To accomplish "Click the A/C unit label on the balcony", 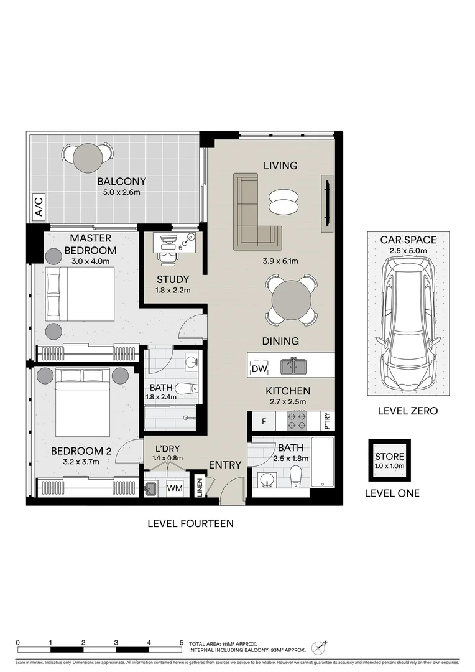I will (x=39, y=207).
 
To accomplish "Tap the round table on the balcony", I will (x=88, y=158).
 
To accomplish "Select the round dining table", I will (x=292, y=300).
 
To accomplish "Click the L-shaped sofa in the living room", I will (x=252, y=215).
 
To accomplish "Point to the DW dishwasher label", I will (x=259, y=369).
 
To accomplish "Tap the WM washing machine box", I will (x=175, y=488).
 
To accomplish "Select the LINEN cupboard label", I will (x=200, y=486).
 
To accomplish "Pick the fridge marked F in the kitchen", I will (x=264, y=422).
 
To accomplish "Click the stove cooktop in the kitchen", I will (x=297, y=422).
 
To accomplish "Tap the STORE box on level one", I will (x=389, y=460).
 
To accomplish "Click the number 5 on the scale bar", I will (x=182, y=642).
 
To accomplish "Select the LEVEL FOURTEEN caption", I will (x=190, y=523).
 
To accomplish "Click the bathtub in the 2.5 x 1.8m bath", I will (x=322, y=462).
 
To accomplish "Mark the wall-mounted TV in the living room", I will (x=325, y=203).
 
